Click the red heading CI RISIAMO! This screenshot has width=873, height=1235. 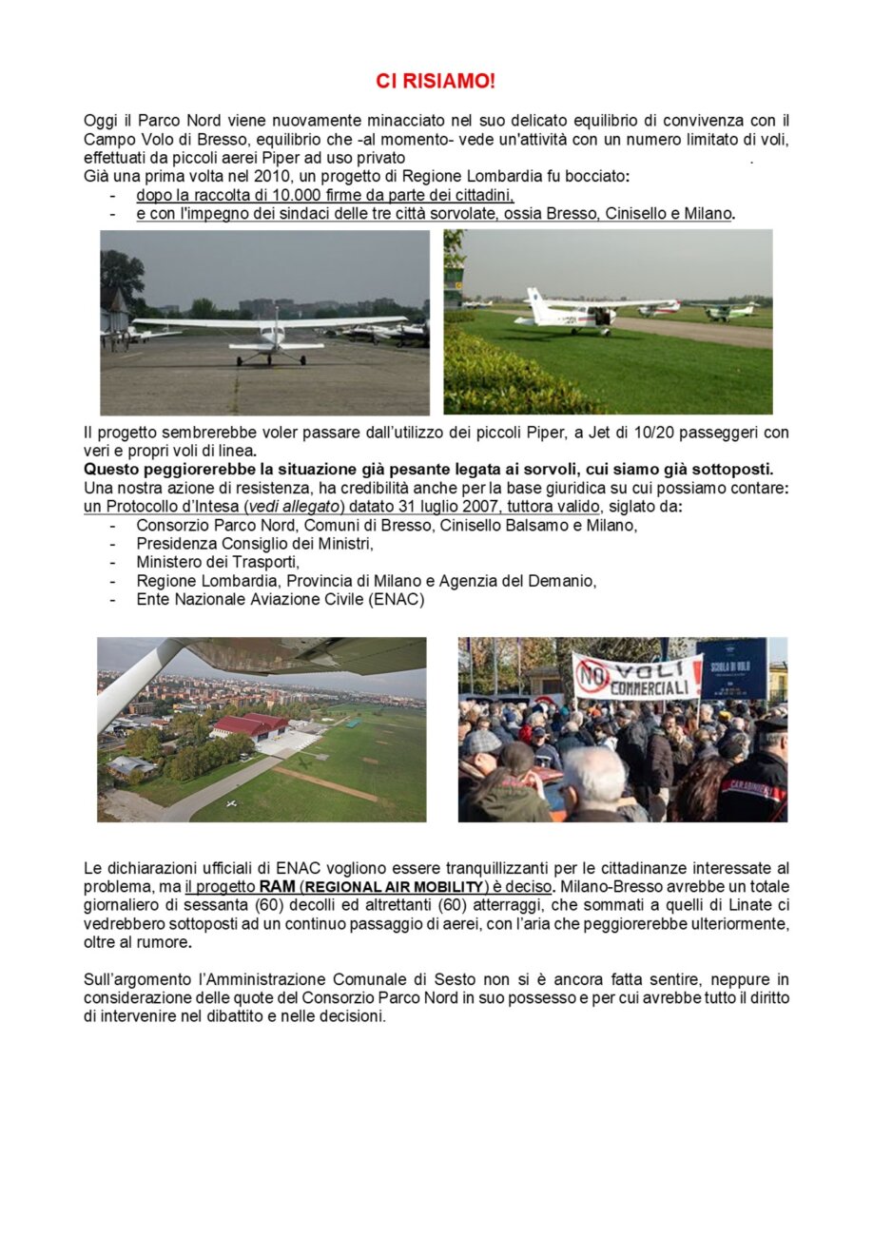click(436, 82)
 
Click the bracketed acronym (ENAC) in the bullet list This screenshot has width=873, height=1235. click(395, 599)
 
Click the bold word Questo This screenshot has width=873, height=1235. click(112, 469)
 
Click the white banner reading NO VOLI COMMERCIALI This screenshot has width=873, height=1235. click(637, 676)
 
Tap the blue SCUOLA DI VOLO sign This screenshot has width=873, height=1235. click(730, 666)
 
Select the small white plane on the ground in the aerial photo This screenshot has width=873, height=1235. click(230, 803)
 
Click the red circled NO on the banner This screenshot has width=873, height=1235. click(592, 676)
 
